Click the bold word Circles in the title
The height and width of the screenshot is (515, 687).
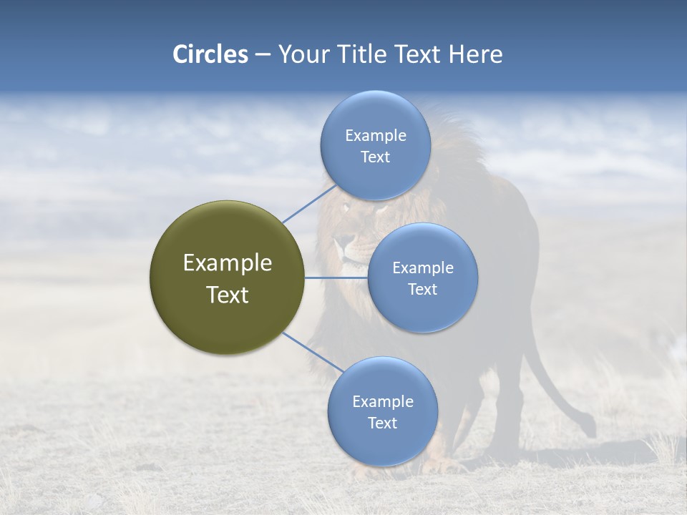click(210, 54)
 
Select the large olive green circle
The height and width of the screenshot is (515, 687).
click(227, 278)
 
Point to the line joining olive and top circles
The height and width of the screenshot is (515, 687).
click(309, 204)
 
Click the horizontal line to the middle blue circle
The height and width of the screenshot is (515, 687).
click(336, 278)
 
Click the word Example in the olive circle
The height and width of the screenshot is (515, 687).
click(227, 263)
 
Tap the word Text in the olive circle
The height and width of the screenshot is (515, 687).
click(227, 295)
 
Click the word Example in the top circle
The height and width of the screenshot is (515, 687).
click(375, 135)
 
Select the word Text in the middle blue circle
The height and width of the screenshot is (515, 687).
click(422, 289)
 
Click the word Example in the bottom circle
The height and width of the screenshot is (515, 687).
click(382, 401)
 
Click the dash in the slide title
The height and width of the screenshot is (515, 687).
click(263, 55)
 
